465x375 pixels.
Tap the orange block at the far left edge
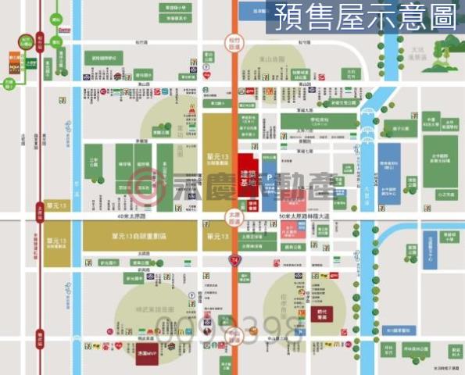13,58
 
